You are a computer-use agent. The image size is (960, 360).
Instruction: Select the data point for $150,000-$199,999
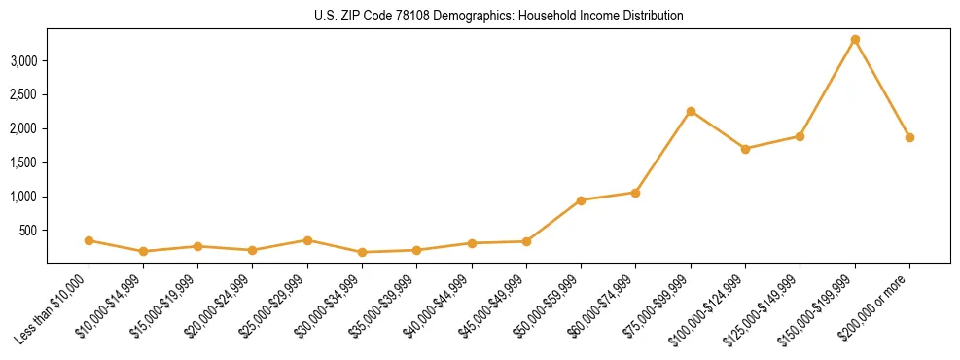[x=855, y=39]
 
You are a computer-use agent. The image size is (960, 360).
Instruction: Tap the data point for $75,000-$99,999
[x=691, y=111]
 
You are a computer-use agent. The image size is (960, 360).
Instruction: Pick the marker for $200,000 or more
[x=909, y=137]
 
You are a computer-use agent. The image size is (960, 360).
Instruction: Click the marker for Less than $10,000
[x=89, y=240]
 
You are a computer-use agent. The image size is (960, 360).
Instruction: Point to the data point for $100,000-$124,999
[x=745, y=149]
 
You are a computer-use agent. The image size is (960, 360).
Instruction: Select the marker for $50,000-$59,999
[x=581, y=200]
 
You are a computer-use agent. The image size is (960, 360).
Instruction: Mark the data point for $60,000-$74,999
[x=635, y=193]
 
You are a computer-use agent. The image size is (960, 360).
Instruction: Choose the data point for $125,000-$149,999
[x=800, y=136]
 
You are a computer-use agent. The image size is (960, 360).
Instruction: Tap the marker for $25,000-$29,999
[x=307, y=240]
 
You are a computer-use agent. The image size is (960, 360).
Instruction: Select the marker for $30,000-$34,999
[x=362, y=252]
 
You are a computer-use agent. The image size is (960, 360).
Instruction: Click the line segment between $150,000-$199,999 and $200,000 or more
[x=882, y=89]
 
